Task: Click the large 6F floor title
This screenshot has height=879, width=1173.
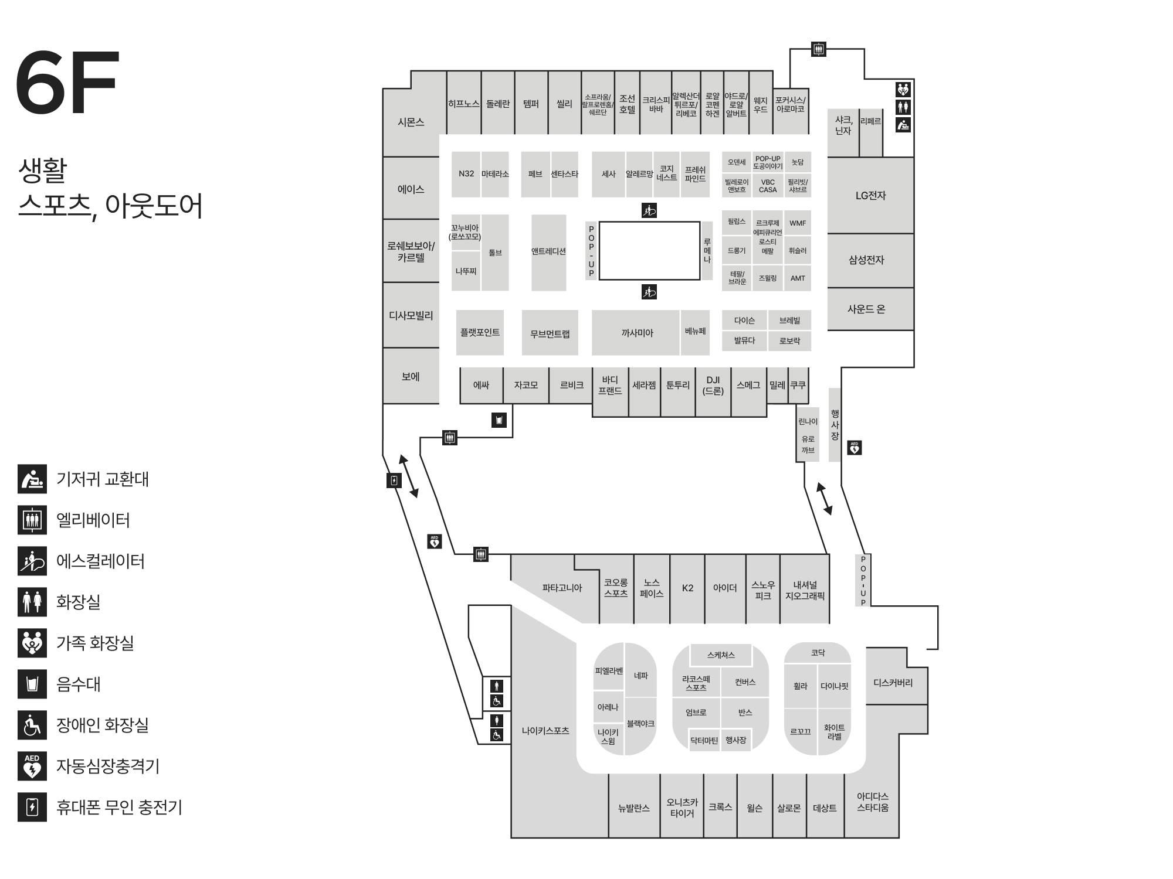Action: pyautogui.click(x=67, y=83)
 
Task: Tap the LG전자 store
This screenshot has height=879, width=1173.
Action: pyautogui.click(x=870, y=196)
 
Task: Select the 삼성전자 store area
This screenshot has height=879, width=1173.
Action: pyautogui.click(x=866, y=260)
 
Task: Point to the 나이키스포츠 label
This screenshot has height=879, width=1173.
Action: pyautogui.click(x=545, y=731)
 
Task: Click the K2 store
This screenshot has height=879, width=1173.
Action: pyautogui.click(x=687, y=588)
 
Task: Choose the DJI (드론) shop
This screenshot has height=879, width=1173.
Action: pyautogui.click(x=713, y=385)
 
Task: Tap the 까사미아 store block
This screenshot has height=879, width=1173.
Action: pyautogui.click(x=637, y=333)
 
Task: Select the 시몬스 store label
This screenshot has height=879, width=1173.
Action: pyautogui.click(x=411, y=122)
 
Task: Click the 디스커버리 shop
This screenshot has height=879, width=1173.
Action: pyautogui.click(x=893, y=683)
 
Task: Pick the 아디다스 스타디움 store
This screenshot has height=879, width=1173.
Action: pyautogui.click(x=872, y=802)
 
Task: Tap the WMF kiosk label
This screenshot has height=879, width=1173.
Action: pyautogui.click(x=798, y=223)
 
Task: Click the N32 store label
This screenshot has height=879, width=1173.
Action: pyautogui.click(x=466, y=173)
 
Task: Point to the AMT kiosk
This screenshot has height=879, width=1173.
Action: pyautogui.click(x=798, y=278)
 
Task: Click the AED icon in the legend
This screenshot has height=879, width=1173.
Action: pyautogui.click(x=32, y=766)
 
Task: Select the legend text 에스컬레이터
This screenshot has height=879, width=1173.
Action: pyautogui.click(x=100, y=561)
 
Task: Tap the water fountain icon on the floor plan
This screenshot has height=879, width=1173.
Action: pyautogui.click(x=499, y=420)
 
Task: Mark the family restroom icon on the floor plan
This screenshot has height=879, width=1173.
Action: pyautogui.click(x=903, y=90)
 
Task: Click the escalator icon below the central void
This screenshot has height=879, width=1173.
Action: pyautogui.click(x=649, y=292)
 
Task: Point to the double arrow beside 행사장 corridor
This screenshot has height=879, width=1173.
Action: pyautogui.click(x=825, y=499)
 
